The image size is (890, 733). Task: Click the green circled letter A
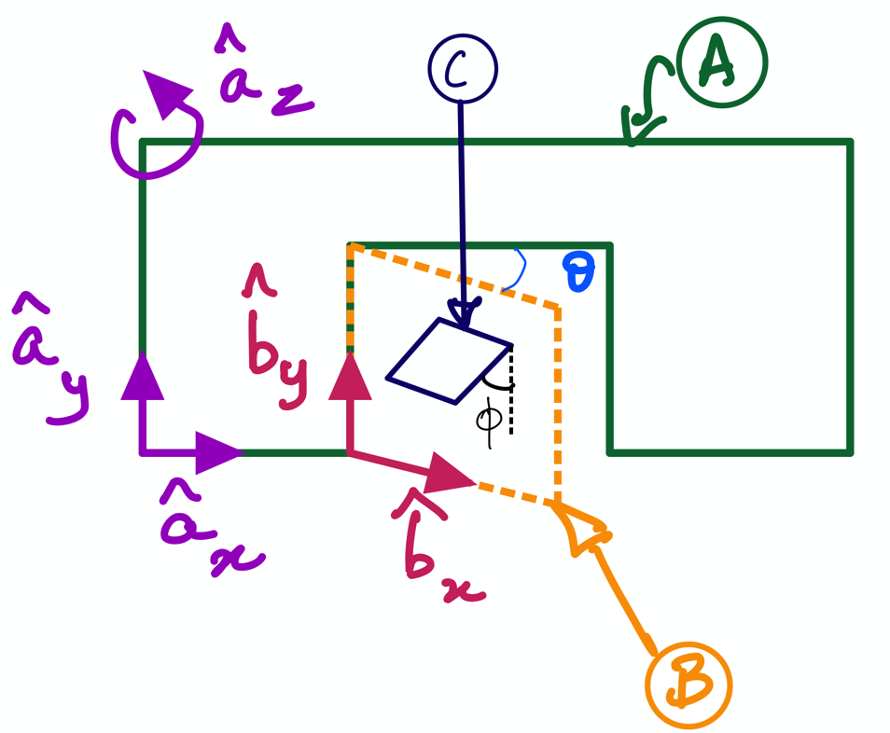pyautogui.click(x=721, y=62)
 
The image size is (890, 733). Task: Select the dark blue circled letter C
pyautogui.click(x=463, y=68)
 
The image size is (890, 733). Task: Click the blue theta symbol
pyautogui.click(x=577, y=274)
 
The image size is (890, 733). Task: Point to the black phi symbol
pyautogui.click(x=489, y=419)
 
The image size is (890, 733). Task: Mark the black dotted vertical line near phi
pyautogui.click(x=512, y=392)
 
